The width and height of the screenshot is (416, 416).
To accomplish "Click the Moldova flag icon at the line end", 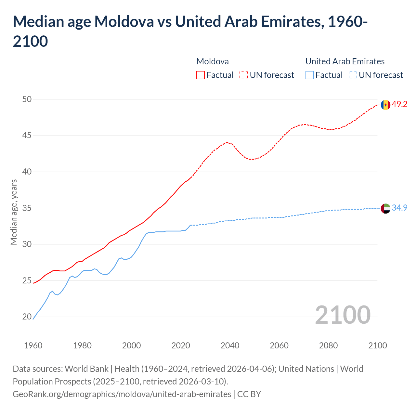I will pyautogui.click(x=385, y=105).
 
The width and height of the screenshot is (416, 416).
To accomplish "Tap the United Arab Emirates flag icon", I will pyautogui.click(x=385, y=208).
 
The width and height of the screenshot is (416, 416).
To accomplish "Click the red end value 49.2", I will pyautogui.click(x=399, y=104).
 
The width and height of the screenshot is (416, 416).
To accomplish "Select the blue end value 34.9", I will pyautogui.click(x=399, y=208).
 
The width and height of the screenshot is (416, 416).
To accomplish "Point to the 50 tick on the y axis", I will pyautogui.click(x=27, y=99).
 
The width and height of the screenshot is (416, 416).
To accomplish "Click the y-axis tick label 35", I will pyautogui.click(x=27, y=208).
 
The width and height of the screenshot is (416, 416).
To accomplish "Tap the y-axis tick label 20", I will pyautogui.click(x=27, y=317).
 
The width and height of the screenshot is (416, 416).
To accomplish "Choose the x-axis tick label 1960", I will pyautogui.click(x=33, y=345).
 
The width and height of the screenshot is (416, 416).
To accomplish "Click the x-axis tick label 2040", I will pyautogui.click(x=230, y=345).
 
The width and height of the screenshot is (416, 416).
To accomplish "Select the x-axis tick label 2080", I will pyautogui.click(x=328, y=345).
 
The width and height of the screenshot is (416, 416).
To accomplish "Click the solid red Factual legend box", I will pyautogui.click(x=201, y=75).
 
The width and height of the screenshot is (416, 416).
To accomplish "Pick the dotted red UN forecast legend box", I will pyautogui.click(x=244, y=75).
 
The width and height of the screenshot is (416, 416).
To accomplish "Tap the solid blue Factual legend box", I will pyautogui.click(x=310, y=75).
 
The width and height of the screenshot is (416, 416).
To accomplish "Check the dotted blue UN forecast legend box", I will pyautogui.click(x=353, y=75).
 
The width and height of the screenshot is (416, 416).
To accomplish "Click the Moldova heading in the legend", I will pyautogui.click(x=213, y=61).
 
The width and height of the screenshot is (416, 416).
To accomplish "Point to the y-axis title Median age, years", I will pyautogui.click(x=14, y=212).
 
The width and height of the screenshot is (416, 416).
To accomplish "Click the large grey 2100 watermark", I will pyautogui.click(x=343, y=315).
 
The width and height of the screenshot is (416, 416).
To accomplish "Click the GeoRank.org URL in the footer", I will pyautogui.click(x=122, y=394).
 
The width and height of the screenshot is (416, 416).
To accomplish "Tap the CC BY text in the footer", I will pyautogui.click(x=249, y=394).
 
